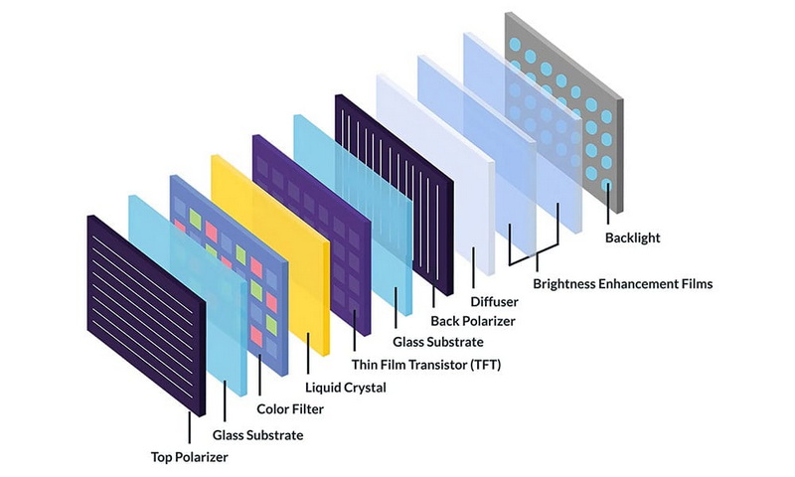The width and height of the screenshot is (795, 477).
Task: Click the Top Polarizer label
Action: point(188,458)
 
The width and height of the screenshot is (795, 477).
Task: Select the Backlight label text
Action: point(632,238)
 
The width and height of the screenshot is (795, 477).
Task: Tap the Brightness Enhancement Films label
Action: point(622,284)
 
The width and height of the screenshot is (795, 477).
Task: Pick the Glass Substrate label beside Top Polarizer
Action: point(258,435)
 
